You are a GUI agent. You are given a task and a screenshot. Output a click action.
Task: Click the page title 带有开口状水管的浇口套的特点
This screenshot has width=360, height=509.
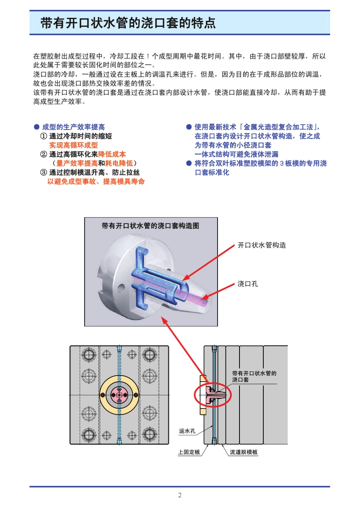128,23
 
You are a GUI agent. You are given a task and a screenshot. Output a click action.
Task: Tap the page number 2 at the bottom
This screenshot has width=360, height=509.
180,495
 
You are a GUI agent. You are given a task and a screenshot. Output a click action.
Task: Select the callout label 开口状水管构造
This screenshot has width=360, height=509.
261,245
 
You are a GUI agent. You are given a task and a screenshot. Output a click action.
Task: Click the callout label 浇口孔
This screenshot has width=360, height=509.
247,284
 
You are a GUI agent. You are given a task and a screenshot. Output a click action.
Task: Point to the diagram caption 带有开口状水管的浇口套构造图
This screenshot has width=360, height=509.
150,226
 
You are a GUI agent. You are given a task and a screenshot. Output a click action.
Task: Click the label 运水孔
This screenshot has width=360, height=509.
187,431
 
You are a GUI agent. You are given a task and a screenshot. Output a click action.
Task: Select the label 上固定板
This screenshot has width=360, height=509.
189,452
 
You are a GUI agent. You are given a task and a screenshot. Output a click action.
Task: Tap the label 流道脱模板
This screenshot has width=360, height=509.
244,452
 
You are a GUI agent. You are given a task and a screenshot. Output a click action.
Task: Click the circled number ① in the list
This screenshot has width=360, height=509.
44,136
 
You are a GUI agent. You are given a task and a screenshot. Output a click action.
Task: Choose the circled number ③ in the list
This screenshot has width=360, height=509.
44,172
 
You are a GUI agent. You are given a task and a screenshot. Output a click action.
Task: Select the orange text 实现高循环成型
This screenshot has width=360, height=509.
74,145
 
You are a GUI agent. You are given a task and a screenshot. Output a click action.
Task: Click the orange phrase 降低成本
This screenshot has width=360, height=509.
112,154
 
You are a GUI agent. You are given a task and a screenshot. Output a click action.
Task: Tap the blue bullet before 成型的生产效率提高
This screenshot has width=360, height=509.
37,127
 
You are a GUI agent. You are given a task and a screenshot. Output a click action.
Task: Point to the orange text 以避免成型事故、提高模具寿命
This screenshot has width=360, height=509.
96,182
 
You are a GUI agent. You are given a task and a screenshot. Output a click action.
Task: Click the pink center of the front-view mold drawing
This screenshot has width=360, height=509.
119,395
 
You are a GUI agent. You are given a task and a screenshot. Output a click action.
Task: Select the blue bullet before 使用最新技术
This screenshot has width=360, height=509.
189,127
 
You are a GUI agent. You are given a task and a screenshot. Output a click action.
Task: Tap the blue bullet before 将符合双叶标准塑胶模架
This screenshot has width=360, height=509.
189,163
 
